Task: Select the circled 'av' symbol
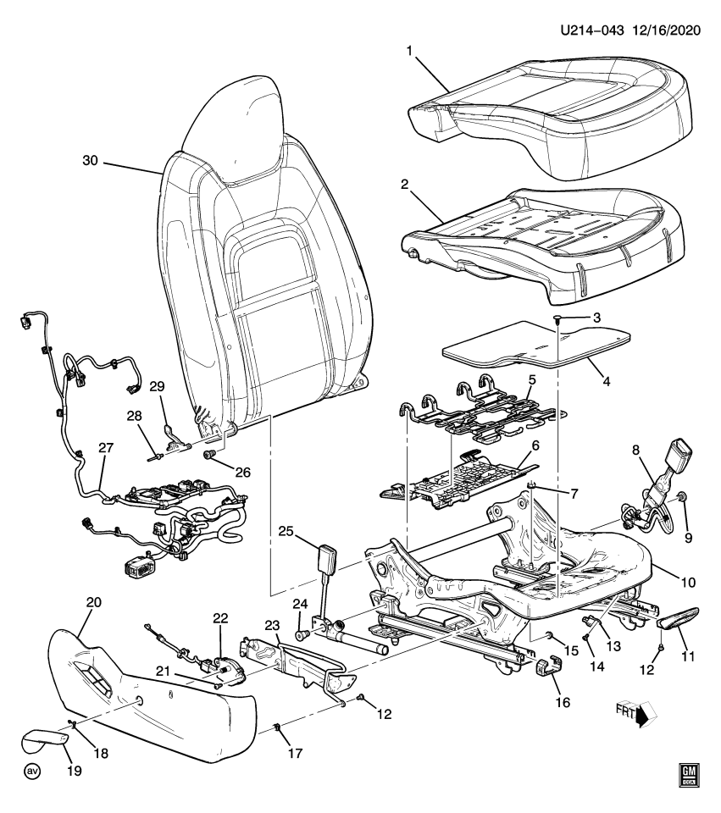(33, 772)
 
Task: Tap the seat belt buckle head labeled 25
(327, 561)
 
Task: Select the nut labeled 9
(683, 495)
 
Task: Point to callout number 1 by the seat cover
(408, 53)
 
